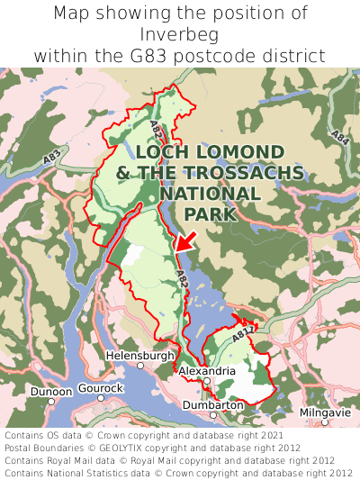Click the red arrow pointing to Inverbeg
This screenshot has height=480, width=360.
(184, 240)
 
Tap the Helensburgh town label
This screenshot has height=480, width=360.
(140, 356)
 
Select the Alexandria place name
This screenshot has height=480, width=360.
(207, 371)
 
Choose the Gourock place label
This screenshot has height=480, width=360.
(100, 388)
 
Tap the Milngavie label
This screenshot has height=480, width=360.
(325, 412)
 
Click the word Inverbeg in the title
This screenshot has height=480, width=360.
(180, 34)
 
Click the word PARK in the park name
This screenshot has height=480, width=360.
(210, 213)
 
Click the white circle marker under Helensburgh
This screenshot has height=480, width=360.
(140, 367)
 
